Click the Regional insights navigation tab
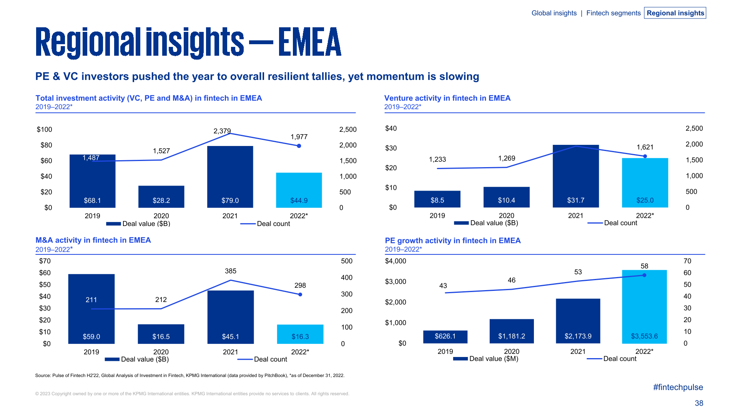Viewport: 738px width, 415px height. pos(675,13)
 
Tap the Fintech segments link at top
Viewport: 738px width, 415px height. pos(613,13)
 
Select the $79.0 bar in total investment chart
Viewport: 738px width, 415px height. pos(230,177)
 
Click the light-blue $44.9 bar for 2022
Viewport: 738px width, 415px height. pos(299,190)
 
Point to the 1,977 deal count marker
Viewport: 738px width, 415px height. pos(299,146)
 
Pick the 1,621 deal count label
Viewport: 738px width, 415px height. pos(645,147)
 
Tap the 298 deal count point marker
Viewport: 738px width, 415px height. pos(300,295)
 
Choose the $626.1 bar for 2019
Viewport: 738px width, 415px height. pos(445,337)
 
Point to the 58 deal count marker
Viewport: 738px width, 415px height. pos(644,275)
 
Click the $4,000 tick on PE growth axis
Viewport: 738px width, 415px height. pos(395,261)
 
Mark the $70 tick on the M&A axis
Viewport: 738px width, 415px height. pos(45,261)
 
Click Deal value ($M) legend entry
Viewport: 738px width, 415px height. pos(486,359)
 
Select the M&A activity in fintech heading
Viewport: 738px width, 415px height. pos(93,240)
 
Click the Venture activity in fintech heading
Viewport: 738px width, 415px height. pos(447,98)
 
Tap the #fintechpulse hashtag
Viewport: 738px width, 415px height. pos(678,387)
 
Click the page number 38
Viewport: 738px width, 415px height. pos(698,403)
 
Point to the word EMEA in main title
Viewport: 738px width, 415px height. pos(309,42)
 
